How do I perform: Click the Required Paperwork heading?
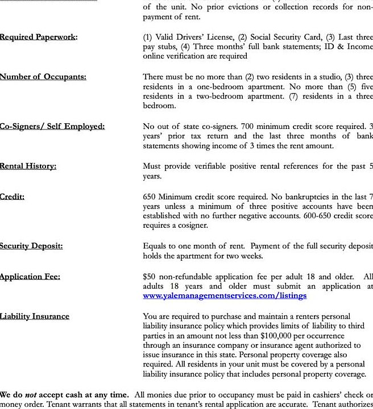(39, 37)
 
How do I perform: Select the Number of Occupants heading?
(43, 77)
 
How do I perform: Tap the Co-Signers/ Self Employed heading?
(52, 126)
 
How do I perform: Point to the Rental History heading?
(36, 166)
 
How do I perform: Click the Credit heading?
(12, 197)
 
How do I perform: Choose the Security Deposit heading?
(39, 246)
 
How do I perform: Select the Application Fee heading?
(38, 277)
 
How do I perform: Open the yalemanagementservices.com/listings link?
(225, 295)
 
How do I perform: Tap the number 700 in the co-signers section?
(247, 126)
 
